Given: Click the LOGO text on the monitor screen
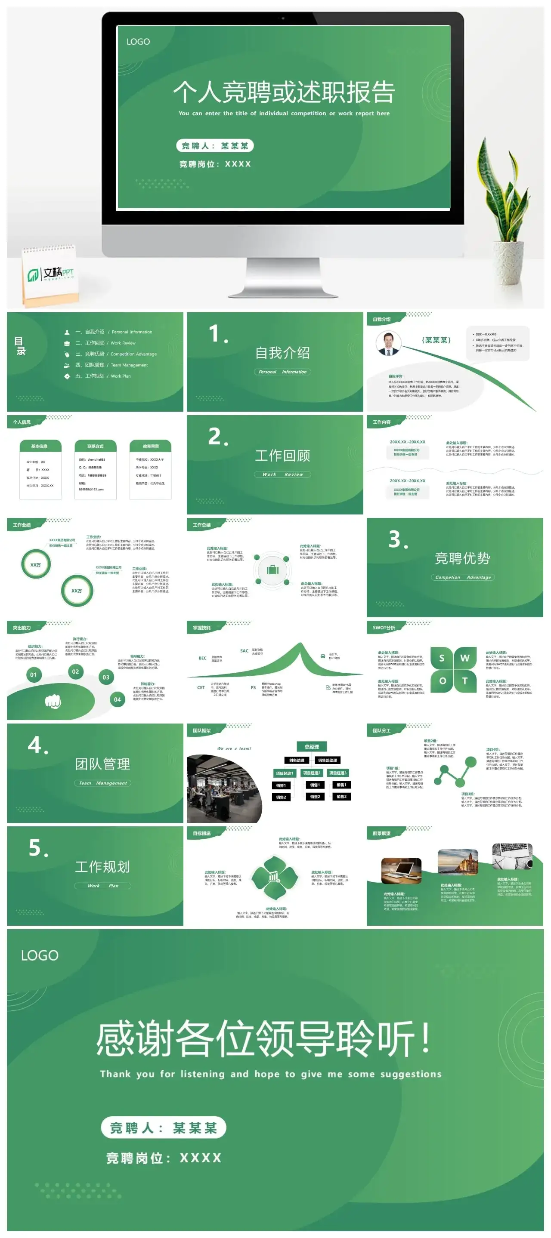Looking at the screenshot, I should [138, 42].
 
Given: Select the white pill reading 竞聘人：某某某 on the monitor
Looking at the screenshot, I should [214, 146].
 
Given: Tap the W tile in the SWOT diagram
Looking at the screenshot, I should [465, 658].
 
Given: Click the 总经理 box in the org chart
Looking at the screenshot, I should [312, 746].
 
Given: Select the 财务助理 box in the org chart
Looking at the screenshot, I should [297, 760].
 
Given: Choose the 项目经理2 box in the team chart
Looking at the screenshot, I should [312, 773].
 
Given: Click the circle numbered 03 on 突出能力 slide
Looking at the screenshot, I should [106, 677].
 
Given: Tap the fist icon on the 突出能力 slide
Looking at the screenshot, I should [53, 702].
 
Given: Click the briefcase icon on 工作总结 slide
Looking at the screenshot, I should [272, 570].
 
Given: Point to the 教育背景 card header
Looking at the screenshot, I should [151, 446].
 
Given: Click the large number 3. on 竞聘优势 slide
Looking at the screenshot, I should [398, 540].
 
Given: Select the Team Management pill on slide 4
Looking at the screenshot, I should [102, 783].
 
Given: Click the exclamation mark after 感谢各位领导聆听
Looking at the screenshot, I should [425, 1038].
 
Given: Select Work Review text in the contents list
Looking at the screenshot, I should [123, 343].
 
